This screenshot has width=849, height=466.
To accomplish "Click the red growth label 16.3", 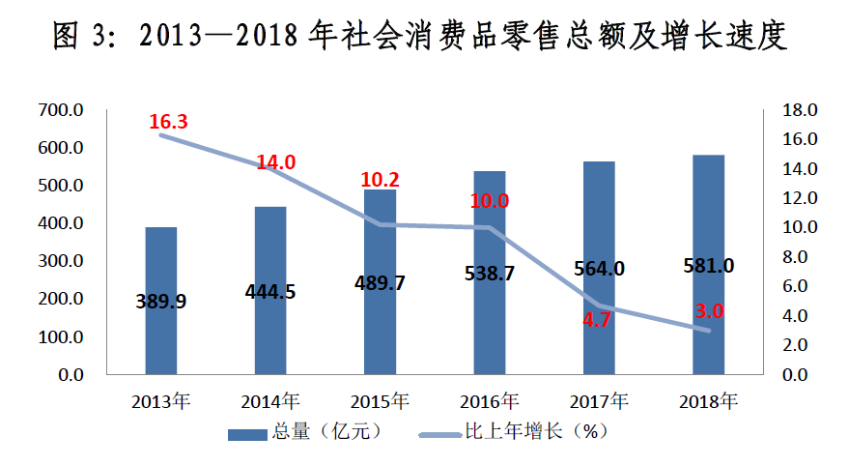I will (x=168, y=122).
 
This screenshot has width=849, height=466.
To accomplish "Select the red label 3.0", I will (x=709, y=311).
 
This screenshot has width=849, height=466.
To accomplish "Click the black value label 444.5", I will (x=271, y=291).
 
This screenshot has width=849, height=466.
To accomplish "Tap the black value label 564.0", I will (x=600, y=268).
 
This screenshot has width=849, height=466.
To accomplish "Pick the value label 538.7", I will (x=490, y=273).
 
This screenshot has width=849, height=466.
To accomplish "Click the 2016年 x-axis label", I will (x=490, y=400).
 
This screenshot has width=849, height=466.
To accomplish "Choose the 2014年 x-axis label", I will (x=271, y=400).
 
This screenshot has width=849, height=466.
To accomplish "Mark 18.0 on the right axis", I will (x=798, y=110).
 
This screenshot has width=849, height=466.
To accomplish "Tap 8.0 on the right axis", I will (x=802, y=257).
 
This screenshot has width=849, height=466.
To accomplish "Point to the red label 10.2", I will (x=380, y=180).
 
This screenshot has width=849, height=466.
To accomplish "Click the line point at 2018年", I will (x=709, y=331).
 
